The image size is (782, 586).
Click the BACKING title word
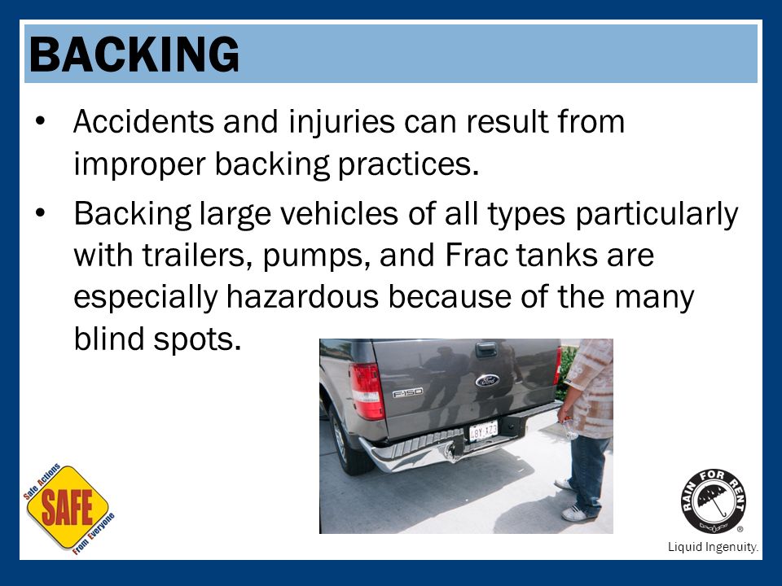pos(134,55)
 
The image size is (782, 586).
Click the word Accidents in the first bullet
pos(143,121)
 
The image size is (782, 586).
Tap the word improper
pos(139,164)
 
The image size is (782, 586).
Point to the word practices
pos(408,164)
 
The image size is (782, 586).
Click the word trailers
pos(197,256)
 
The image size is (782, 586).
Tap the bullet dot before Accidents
pos(41,121)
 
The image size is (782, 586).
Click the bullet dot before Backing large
pos(41,213)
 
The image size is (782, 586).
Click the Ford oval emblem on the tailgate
pos(487,381)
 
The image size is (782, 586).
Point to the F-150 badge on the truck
pos(407,393)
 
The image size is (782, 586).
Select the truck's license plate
pos(483,431)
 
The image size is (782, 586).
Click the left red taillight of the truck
pos(367,391)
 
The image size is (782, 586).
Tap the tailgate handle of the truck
pos(486,349)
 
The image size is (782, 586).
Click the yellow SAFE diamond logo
pos(68,508)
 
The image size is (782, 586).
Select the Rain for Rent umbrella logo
pos(714,501)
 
